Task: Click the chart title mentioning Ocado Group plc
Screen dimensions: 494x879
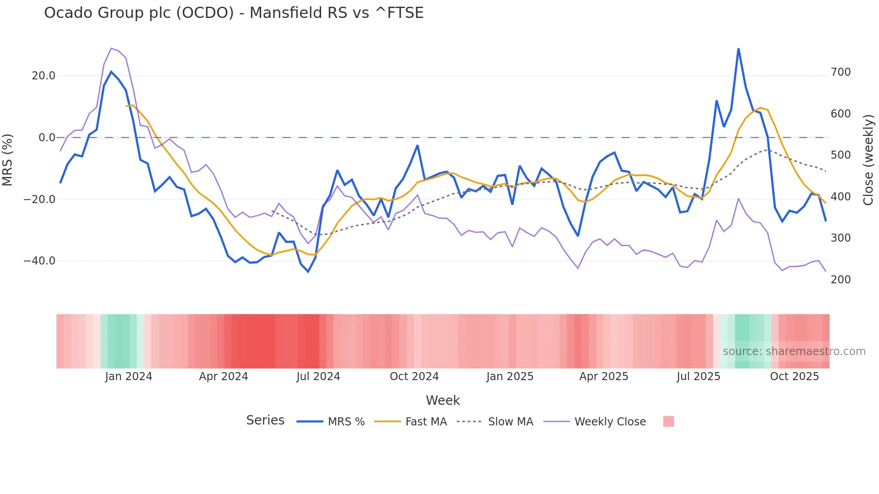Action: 234,13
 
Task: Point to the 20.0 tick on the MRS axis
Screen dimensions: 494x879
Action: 44,76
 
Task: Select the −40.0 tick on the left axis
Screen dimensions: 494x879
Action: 39,261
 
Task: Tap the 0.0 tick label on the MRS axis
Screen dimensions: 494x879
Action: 47,138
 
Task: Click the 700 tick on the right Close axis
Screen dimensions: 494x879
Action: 840,72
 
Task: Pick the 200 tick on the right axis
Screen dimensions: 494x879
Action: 840,280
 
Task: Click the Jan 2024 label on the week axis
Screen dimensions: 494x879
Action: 129,377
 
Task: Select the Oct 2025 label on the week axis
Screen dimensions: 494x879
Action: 794,377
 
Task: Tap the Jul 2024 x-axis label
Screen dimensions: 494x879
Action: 318,377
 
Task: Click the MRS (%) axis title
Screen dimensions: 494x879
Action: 8,160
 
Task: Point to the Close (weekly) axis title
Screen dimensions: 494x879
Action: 869,160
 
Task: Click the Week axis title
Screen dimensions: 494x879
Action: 443,400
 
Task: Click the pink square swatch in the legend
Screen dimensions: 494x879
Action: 668,422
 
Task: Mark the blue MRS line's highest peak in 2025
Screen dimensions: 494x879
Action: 738,49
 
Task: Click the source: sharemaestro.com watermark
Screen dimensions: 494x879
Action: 794,351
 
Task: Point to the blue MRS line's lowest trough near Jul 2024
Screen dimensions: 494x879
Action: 308,272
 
